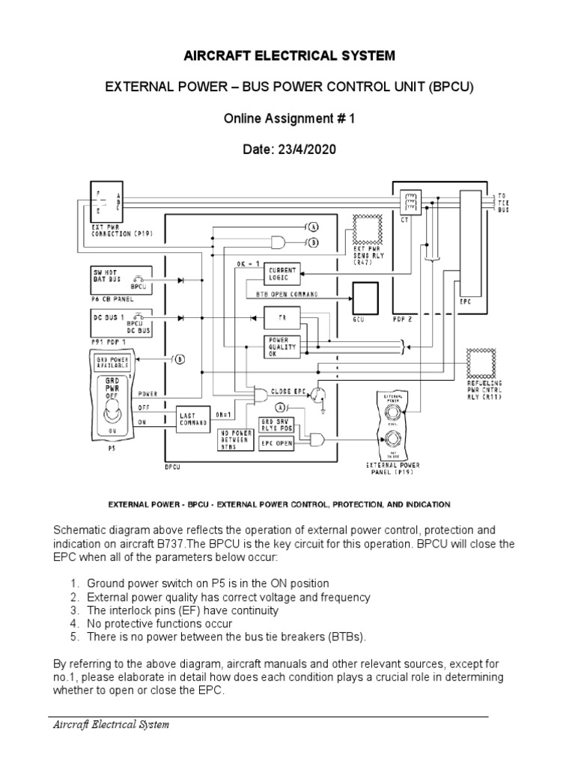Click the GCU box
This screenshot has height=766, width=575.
tap(368, 300)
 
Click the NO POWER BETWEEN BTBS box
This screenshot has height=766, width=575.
tap(235, 442)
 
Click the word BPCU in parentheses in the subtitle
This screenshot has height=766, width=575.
tap(451, 88)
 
